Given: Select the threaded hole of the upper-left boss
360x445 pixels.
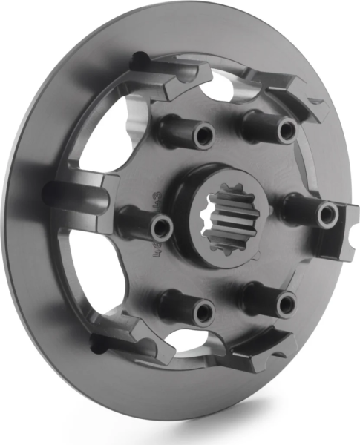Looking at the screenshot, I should pyautogui.click(x=202, y=136).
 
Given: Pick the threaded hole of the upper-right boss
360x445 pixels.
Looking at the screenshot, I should pyautogui.click(x=287, y=131).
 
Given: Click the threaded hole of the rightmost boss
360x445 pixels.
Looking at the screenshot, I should pyautogui.click(x=327, y=215).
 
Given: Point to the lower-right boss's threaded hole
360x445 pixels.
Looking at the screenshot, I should pyautogui.click(x=286, y=304).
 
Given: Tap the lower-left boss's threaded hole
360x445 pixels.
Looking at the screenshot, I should pyautogui.click(x=203, y=311).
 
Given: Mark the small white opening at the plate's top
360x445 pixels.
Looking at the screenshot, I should pyautogui.click(x=220, y=90).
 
